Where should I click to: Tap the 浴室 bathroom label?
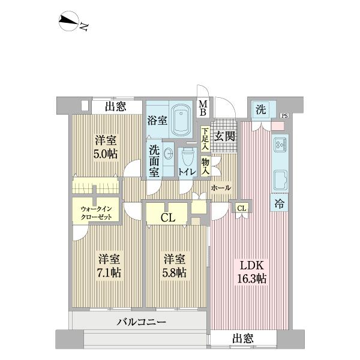click(157, 120)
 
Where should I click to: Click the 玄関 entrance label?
click(226, 137)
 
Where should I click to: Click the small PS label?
click(284, 116)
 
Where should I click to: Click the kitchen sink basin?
click(280, 179)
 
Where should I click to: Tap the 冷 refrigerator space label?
click(280, 204)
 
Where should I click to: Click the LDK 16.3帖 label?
click(253, 272)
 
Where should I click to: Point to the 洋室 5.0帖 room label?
click(106, 146)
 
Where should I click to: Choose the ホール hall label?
click(220, 188)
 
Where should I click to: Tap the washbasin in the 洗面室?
click(167, 152)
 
